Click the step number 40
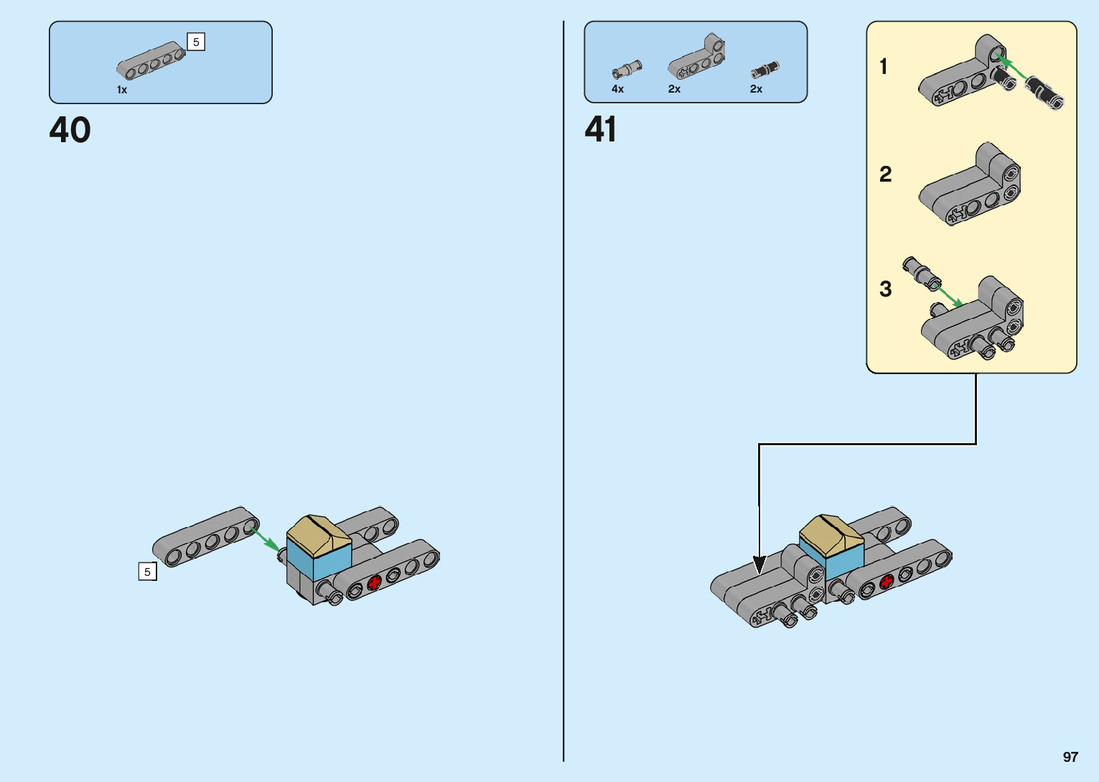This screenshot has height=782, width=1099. click(x=70, y=130)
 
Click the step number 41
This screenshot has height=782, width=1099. click(x=601, y=130)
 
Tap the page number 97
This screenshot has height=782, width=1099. click(x=1070, y=757)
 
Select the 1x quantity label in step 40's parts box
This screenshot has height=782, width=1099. click(x=122, y=90)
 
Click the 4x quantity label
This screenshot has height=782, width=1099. click(x=617, y=89)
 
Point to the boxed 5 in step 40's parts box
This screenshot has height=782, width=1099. click(x=196, y=42)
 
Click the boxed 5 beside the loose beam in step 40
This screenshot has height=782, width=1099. click(x=147, y=572)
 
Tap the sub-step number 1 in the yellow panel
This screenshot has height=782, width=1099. click(x=884, y=67)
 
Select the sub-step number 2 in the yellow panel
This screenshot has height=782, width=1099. click(x=885, y=174)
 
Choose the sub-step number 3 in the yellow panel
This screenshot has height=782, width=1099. click(x=885, y=289)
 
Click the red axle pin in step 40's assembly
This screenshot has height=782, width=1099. click(x=374, y=583)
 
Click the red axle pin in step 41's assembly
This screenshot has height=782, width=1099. click(x=887, y=582)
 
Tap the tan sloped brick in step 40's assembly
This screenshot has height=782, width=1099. click(x=318, y=535)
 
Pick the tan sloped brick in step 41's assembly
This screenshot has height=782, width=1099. click(x=831, y=534)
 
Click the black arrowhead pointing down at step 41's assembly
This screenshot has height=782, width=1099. click(x=759, y=564)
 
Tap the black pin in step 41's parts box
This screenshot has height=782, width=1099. click(x=764, y=70)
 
